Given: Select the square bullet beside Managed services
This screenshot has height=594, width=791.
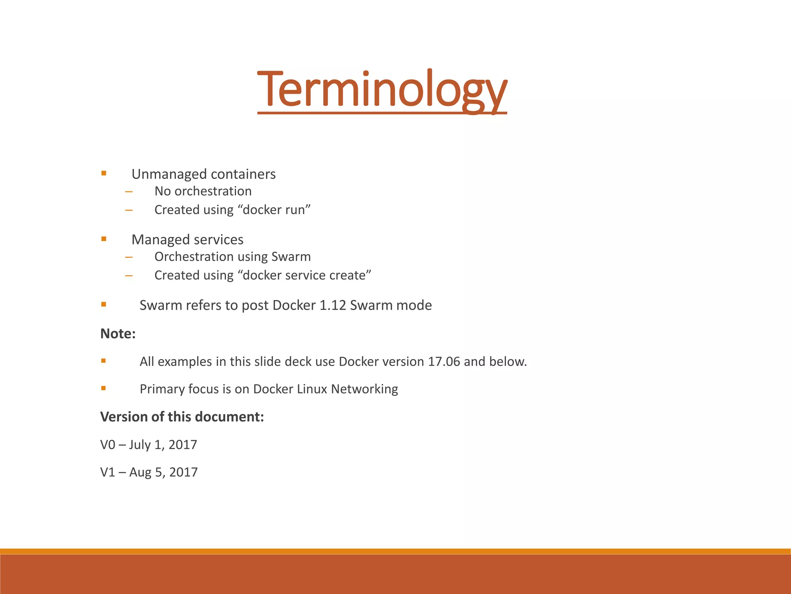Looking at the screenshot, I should click(104, 239).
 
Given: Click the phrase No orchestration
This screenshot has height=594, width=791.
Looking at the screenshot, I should click(203, 191).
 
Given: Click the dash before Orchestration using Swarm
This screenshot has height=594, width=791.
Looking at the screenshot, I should click(129, 257).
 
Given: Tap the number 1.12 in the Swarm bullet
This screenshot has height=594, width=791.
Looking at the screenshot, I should click(333, 306).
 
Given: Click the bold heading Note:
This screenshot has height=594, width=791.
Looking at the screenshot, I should click(118, 334).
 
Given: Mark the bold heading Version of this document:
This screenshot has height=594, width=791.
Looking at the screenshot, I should click(182, 417).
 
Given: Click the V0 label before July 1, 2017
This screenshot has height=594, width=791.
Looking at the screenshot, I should click(108, 445).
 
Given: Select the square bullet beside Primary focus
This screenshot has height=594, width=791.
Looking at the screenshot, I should click(104, 388).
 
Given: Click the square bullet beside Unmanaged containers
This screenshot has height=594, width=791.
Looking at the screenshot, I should click(104, 174).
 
